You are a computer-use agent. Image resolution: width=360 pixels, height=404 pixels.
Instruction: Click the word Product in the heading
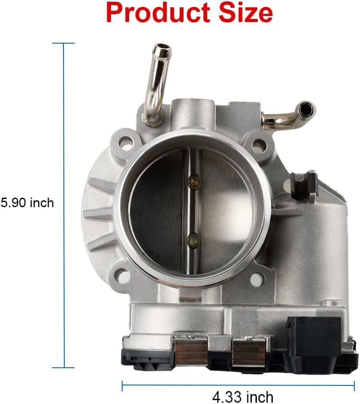(158, 13)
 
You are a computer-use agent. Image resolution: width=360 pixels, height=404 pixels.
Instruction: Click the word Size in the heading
(246, 13)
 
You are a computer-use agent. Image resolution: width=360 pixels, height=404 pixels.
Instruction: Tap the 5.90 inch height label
(27, 203)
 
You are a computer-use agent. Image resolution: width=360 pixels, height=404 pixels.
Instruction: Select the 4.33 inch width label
(243, 397)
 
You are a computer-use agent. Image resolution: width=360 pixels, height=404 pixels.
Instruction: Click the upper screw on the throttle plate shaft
(194, 182)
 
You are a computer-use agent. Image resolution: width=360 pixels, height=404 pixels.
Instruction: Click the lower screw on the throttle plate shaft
(194, 241)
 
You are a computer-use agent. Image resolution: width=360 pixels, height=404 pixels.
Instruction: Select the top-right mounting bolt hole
(259, 145)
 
